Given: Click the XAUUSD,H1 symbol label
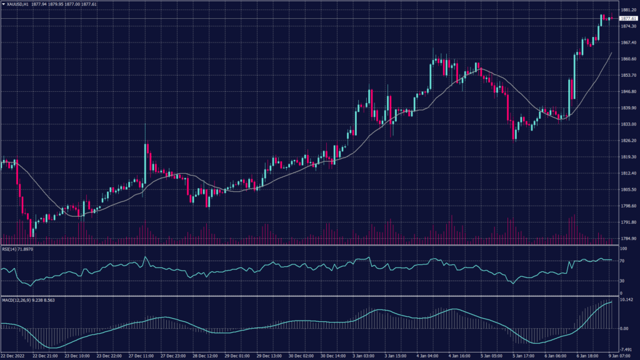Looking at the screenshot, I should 19,4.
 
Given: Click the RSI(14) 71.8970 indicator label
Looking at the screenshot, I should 17,249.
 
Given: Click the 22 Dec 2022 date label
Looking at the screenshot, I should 12,356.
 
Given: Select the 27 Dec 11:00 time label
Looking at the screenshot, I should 141,356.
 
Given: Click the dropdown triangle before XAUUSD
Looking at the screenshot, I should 2,4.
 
